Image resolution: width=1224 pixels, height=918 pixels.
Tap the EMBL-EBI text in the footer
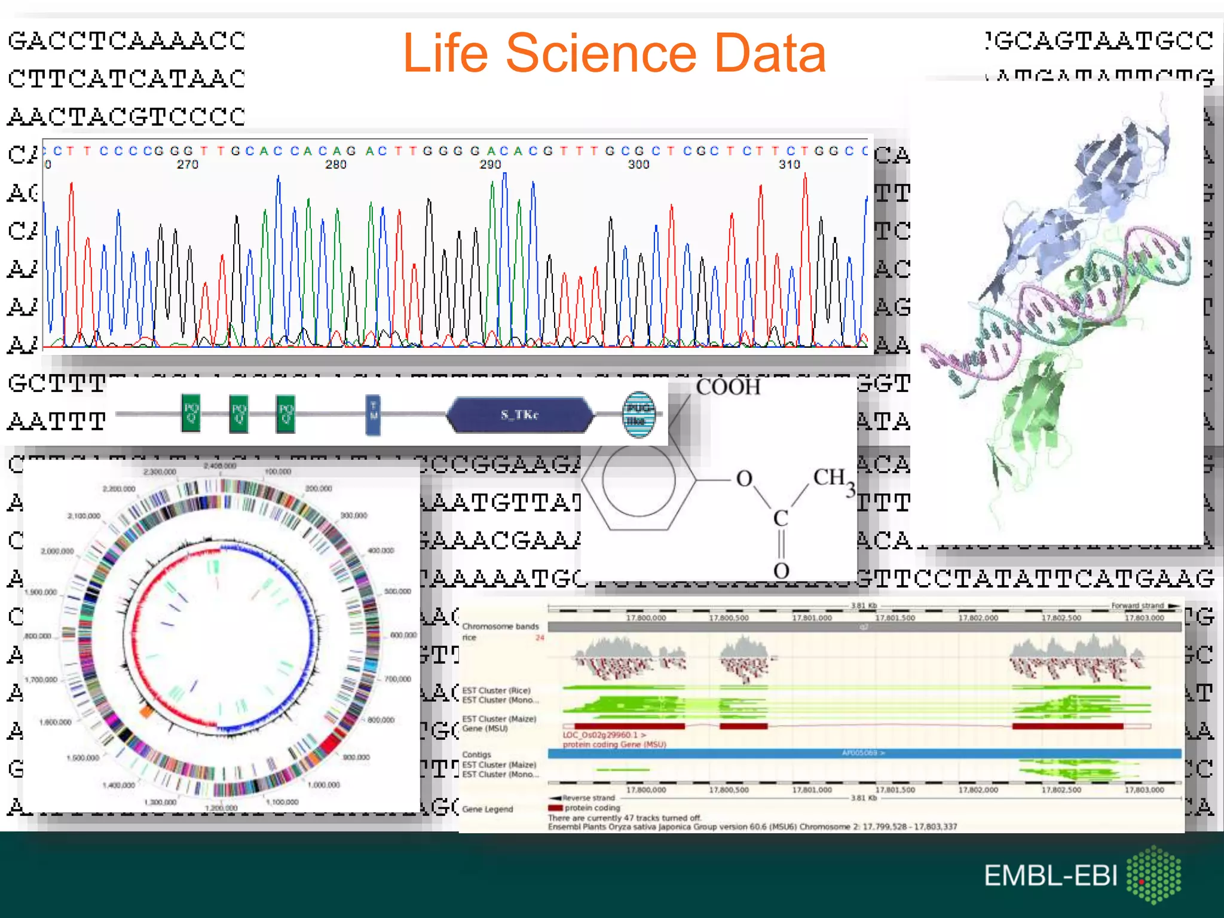click(1050, 876)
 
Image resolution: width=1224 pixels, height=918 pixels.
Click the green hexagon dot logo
click(1154, 874)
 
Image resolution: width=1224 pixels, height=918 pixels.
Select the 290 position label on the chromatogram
click(490, 164)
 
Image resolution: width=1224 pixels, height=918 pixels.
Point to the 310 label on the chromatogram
click(789, 164)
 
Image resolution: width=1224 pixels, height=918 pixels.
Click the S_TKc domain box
click(519, 415)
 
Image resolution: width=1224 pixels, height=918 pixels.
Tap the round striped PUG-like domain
click(638, 414)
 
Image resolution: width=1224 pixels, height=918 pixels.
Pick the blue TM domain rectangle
click(373, 415)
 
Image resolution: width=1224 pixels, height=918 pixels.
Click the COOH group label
click(728, 387)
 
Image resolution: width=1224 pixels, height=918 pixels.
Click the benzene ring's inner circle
click(638, 479)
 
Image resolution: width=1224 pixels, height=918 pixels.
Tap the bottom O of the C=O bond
click(781, 571)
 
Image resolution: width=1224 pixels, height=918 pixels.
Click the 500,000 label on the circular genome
click(397, 591)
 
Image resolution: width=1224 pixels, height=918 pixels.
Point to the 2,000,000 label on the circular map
click(57, 551)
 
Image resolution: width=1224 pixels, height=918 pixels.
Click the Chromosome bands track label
click(500, 626)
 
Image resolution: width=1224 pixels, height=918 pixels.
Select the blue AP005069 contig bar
click(864, 753)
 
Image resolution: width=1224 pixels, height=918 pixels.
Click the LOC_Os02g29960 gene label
click(604, 735)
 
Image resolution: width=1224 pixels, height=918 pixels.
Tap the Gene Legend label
click(487, 809)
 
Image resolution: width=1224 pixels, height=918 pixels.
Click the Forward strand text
click(1137, 605)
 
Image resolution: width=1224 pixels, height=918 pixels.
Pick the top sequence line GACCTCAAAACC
click(126, 41)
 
